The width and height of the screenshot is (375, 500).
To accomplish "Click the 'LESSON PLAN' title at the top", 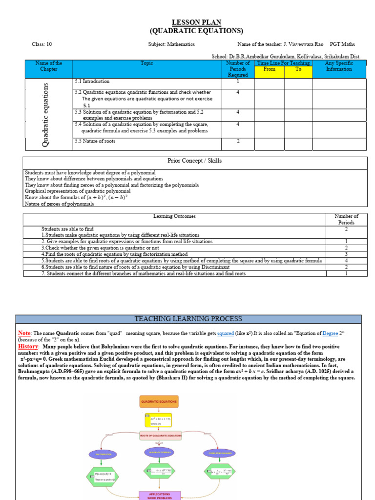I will click(196, 22).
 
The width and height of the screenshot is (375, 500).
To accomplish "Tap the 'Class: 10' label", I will click(42, 44).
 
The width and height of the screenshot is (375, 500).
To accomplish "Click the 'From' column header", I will click(269, 69).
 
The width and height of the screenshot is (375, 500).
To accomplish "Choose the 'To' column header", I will click(298, 69).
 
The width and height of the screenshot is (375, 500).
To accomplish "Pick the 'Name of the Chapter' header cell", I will click(49, 66).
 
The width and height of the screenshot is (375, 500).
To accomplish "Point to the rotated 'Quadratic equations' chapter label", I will click(46, 114).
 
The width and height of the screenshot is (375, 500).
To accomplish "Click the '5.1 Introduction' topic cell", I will click(92, 82).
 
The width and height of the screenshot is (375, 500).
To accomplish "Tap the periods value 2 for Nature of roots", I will click(238, 142).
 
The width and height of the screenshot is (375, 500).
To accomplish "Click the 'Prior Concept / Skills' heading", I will click(194, 161).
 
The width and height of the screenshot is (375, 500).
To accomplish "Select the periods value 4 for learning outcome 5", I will click(346, 261).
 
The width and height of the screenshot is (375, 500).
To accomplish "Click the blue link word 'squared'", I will click(226, 333).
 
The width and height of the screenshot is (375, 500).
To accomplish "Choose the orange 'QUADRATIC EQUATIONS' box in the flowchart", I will click(159, 402).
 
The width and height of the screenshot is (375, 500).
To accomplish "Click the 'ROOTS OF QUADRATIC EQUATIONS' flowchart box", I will click(161, 435).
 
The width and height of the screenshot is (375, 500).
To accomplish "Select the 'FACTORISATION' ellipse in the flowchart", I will click(104, 454).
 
